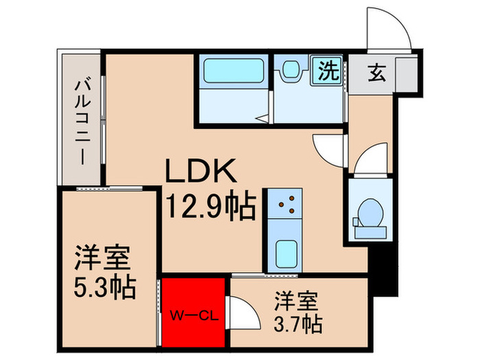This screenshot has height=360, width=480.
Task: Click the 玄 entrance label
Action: point(377,71)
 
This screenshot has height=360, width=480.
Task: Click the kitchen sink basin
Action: point(283,254)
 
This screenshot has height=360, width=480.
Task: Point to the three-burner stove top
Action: point(283,204)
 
